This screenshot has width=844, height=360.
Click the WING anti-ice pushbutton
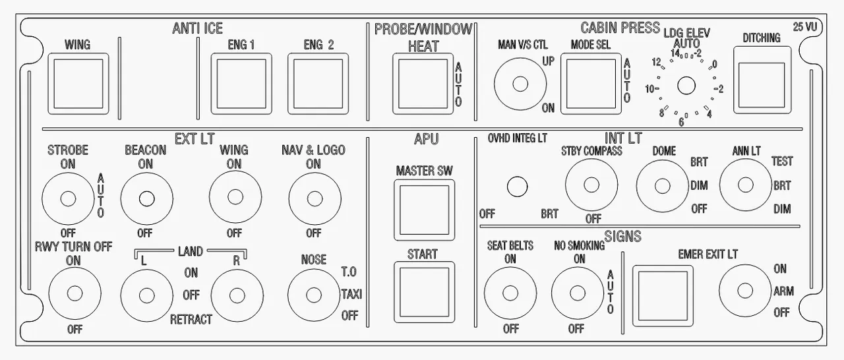point(78,84)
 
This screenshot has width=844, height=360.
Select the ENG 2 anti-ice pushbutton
point(317,84)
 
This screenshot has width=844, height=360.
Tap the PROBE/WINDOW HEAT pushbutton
point(422,84)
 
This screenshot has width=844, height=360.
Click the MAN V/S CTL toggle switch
point(520,84)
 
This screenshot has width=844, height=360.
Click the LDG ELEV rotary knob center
point(687,85)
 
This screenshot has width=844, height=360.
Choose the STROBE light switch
point(67,198)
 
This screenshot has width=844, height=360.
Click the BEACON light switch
point(146,198)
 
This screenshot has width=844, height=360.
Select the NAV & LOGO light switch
point(315,198)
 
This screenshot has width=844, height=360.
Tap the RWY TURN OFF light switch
point(75,293)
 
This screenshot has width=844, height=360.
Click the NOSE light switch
point(313,293)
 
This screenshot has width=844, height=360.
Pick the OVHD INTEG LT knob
point(517,187)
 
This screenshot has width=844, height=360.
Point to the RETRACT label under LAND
point(191,320)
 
